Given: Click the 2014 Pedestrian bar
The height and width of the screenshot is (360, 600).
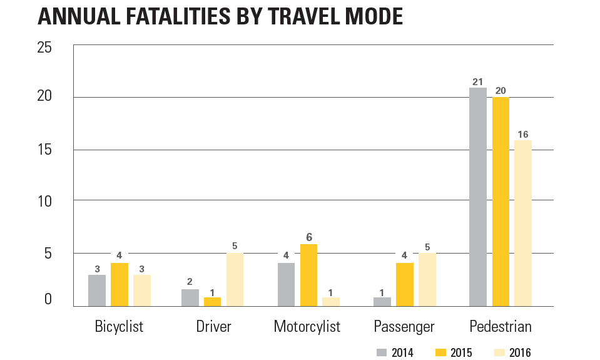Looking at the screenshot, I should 477,197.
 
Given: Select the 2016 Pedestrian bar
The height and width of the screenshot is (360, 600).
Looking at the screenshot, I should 523,223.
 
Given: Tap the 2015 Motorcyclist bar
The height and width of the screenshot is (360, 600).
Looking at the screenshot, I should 308,275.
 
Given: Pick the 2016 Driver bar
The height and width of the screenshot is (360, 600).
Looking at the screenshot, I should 235,280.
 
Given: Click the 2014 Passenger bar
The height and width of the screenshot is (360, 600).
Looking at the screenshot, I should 382,302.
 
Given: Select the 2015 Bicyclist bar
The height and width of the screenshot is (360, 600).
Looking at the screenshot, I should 119,285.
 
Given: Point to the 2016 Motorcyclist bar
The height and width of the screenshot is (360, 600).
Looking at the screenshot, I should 331,302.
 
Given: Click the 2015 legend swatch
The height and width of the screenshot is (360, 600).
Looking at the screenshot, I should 440,352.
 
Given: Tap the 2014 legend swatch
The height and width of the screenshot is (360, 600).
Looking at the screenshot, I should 382,352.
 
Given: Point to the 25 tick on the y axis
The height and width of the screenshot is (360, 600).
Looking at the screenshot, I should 44,47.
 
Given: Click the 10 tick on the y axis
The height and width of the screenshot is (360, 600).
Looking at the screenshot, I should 44,202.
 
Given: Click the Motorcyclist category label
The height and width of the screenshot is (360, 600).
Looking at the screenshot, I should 307,327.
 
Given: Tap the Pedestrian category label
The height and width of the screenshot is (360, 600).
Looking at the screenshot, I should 501,327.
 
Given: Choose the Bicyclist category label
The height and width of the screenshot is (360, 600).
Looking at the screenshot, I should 119,327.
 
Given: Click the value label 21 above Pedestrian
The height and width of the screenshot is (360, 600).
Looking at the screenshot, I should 477,81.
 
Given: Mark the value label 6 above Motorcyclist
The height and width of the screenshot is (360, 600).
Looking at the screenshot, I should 308,237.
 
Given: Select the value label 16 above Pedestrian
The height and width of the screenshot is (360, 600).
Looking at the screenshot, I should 523,134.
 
